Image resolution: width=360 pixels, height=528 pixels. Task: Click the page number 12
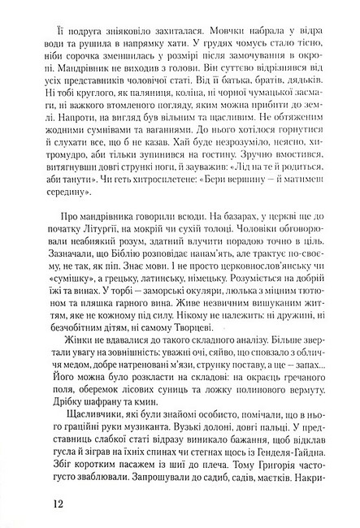pyautogui.click(x=58, y=500)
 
